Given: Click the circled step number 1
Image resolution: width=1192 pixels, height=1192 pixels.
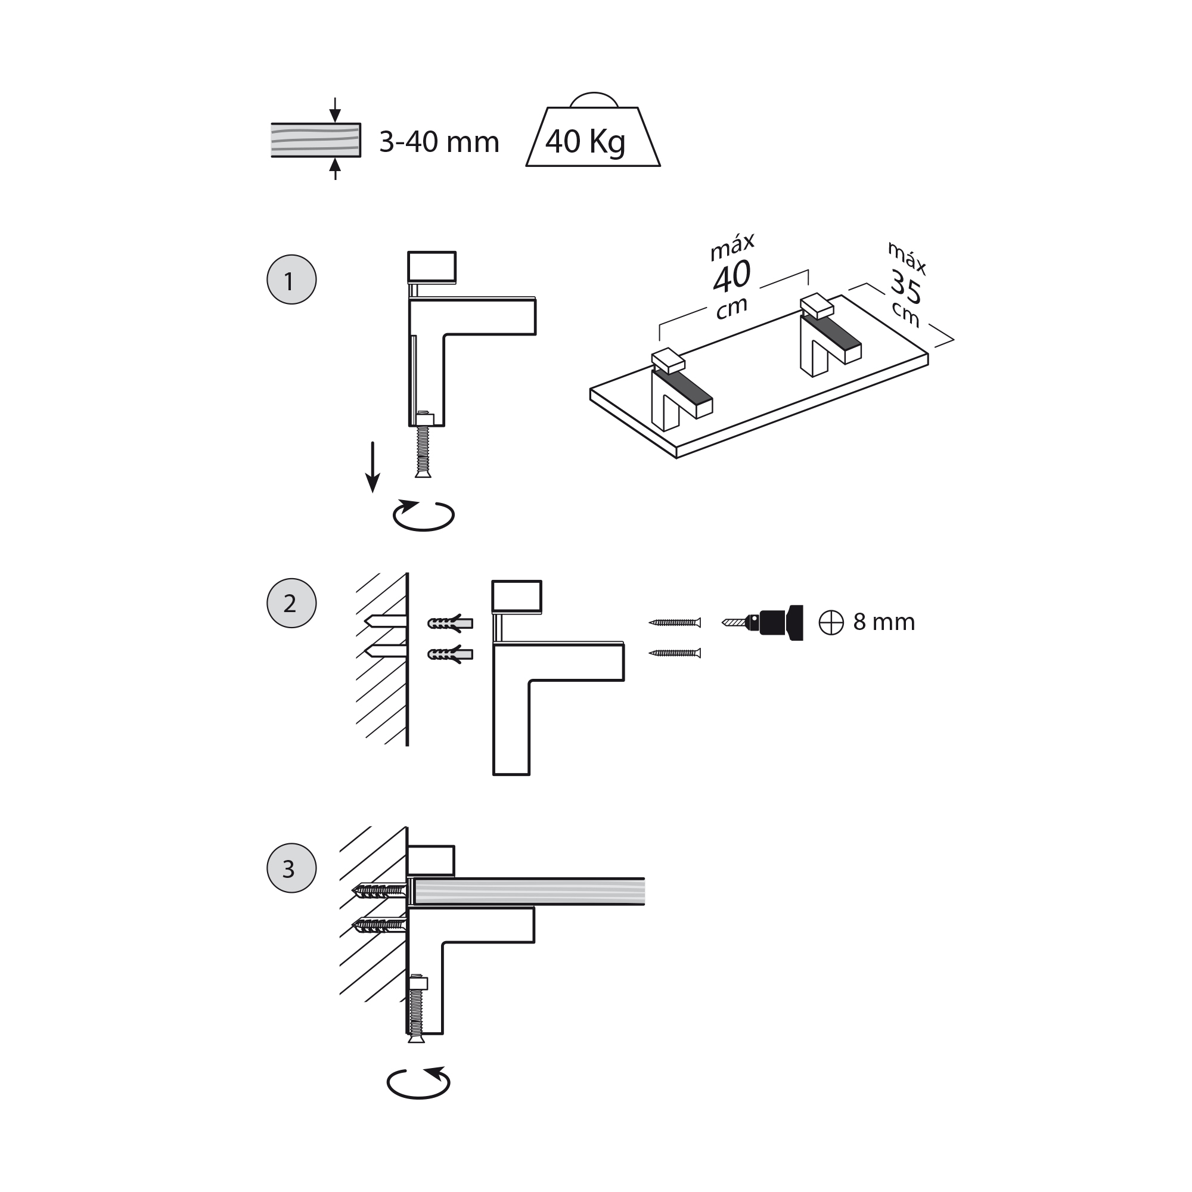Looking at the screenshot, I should point(291,280).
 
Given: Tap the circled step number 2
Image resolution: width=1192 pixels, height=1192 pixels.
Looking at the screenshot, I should point(291,603).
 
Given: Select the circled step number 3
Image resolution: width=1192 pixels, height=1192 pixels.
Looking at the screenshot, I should point(291,868).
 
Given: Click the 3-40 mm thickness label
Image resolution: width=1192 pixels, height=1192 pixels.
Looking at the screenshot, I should point(439,142).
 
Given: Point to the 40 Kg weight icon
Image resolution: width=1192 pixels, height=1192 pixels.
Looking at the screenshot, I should point(592,139).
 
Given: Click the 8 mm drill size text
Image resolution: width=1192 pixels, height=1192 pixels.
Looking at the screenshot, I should point(883,622).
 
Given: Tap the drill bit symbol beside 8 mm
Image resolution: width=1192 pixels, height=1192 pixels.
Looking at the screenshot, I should point(830,623).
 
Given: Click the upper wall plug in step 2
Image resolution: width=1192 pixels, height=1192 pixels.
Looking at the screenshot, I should point(450,623).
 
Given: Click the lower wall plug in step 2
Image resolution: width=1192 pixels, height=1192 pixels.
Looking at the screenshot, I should point(450,653).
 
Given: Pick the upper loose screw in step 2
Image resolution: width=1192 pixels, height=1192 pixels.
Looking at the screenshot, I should point(675,623).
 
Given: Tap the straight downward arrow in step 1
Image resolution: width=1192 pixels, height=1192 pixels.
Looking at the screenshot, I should point(372,467).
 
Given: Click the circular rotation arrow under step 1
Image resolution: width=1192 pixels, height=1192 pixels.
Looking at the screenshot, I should point(423,515).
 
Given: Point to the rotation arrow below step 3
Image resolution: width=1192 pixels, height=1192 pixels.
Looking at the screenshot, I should point(418,1084).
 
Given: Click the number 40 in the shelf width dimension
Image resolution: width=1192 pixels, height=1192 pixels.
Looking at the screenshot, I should point(732,277).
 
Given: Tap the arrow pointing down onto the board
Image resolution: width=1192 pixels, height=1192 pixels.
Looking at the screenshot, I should point(335,111).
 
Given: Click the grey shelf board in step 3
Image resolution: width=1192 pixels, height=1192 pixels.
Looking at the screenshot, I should point(528,892).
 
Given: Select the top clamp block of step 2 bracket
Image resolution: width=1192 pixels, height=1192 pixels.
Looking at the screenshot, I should point(516,596).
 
